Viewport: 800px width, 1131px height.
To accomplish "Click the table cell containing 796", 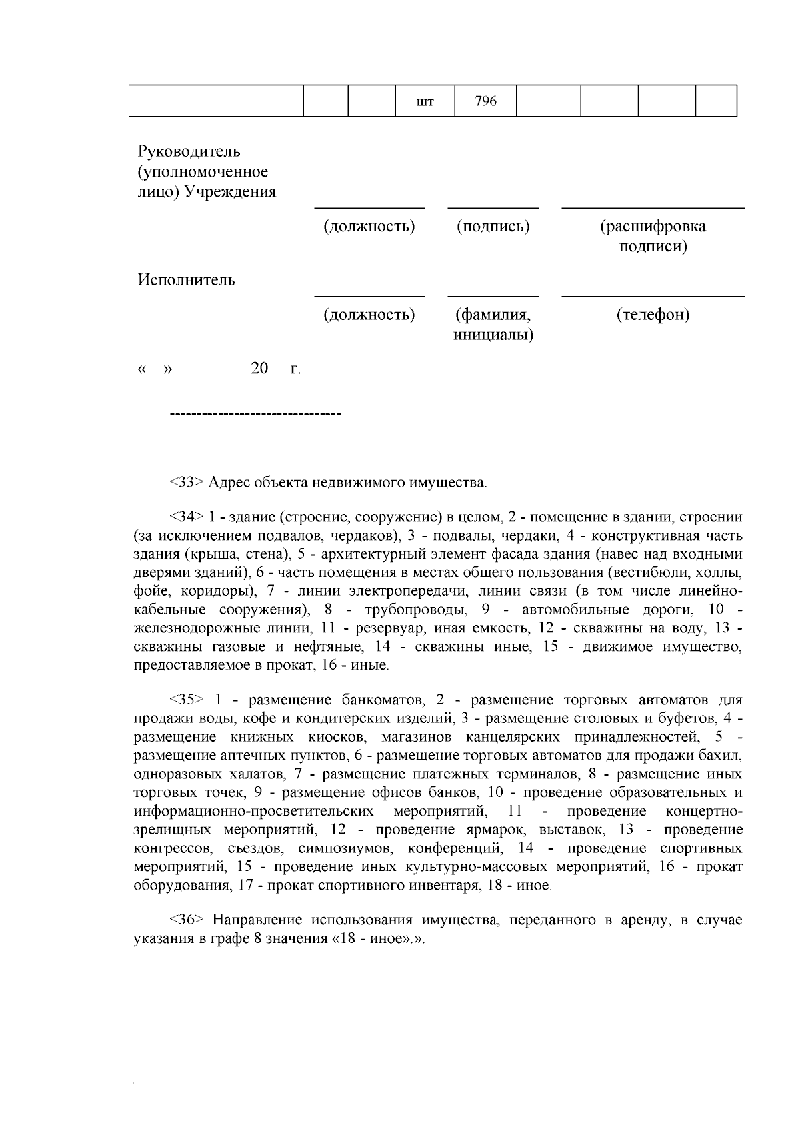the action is pyautogui.click(x=485, y=101).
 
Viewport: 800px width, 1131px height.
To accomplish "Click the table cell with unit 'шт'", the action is pyautogui.click(x=425, y=102).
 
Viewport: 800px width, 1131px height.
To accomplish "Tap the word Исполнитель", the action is pyautogui.click(x=187, y=280).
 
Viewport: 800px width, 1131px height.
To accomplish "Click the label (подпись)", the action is pyautogui.click(x=493, y=227).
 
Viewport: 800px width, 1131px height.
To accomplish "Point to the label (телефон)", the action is pyautogui.click(x=653, y=315).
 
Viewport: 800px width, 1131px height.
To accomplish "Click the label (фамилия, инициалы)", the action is pyautogui.click(x=493, y=325).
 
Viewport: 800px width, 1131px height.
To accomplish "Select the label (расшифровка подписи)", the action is pyautogui.click(x=653, y=237).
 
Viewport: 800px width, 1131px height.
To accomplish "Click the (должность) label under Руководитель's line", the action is pyautogui.click(x=369, y=227).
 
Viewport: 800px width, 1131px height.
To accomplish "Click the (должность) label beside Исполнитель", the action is pyautogui.click(x=369, y=315).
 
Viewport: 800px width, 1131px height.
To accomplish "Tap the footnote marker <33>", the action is pyautogui.click(x=186, y=482).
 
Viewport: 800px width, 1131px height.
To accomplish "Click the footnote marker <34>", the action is pyautogui.click(x=186, y=517).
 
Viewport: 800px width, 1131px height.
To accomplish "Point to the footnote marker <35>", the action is pyautogui.click(x=186, y=700).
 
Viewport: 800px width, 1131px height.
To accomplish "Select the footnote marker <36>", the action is pyautogui.click(x=186, y=920).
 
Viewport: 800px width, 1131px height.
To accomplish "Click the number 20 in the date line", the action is pyautogui.click(x=259, y=369).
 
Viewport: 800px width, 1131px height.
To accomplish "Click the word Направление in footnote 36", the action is pyautogui.click(x=255, y=920).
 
